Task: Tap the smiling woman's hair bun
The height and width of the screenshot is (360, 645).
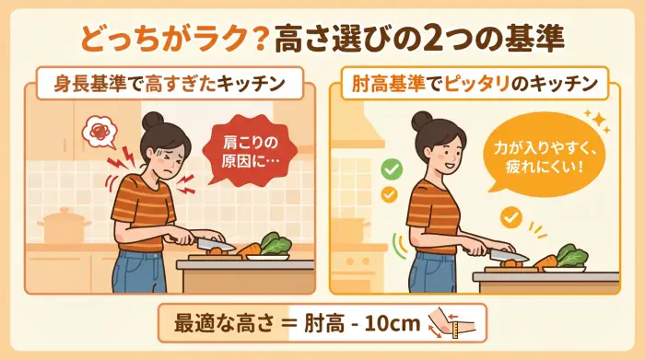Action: (421, 121)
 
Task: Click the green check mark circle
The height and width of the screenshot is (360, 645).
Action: (391, 170)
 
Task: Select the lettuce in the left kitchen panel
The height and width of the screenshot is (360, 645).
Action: (275, 243)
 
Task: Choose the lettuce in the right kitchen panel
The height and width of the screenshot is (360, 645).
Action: (571, 255)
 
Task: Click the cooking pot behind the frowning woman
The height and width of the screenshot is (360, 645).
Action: (64, 226)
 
